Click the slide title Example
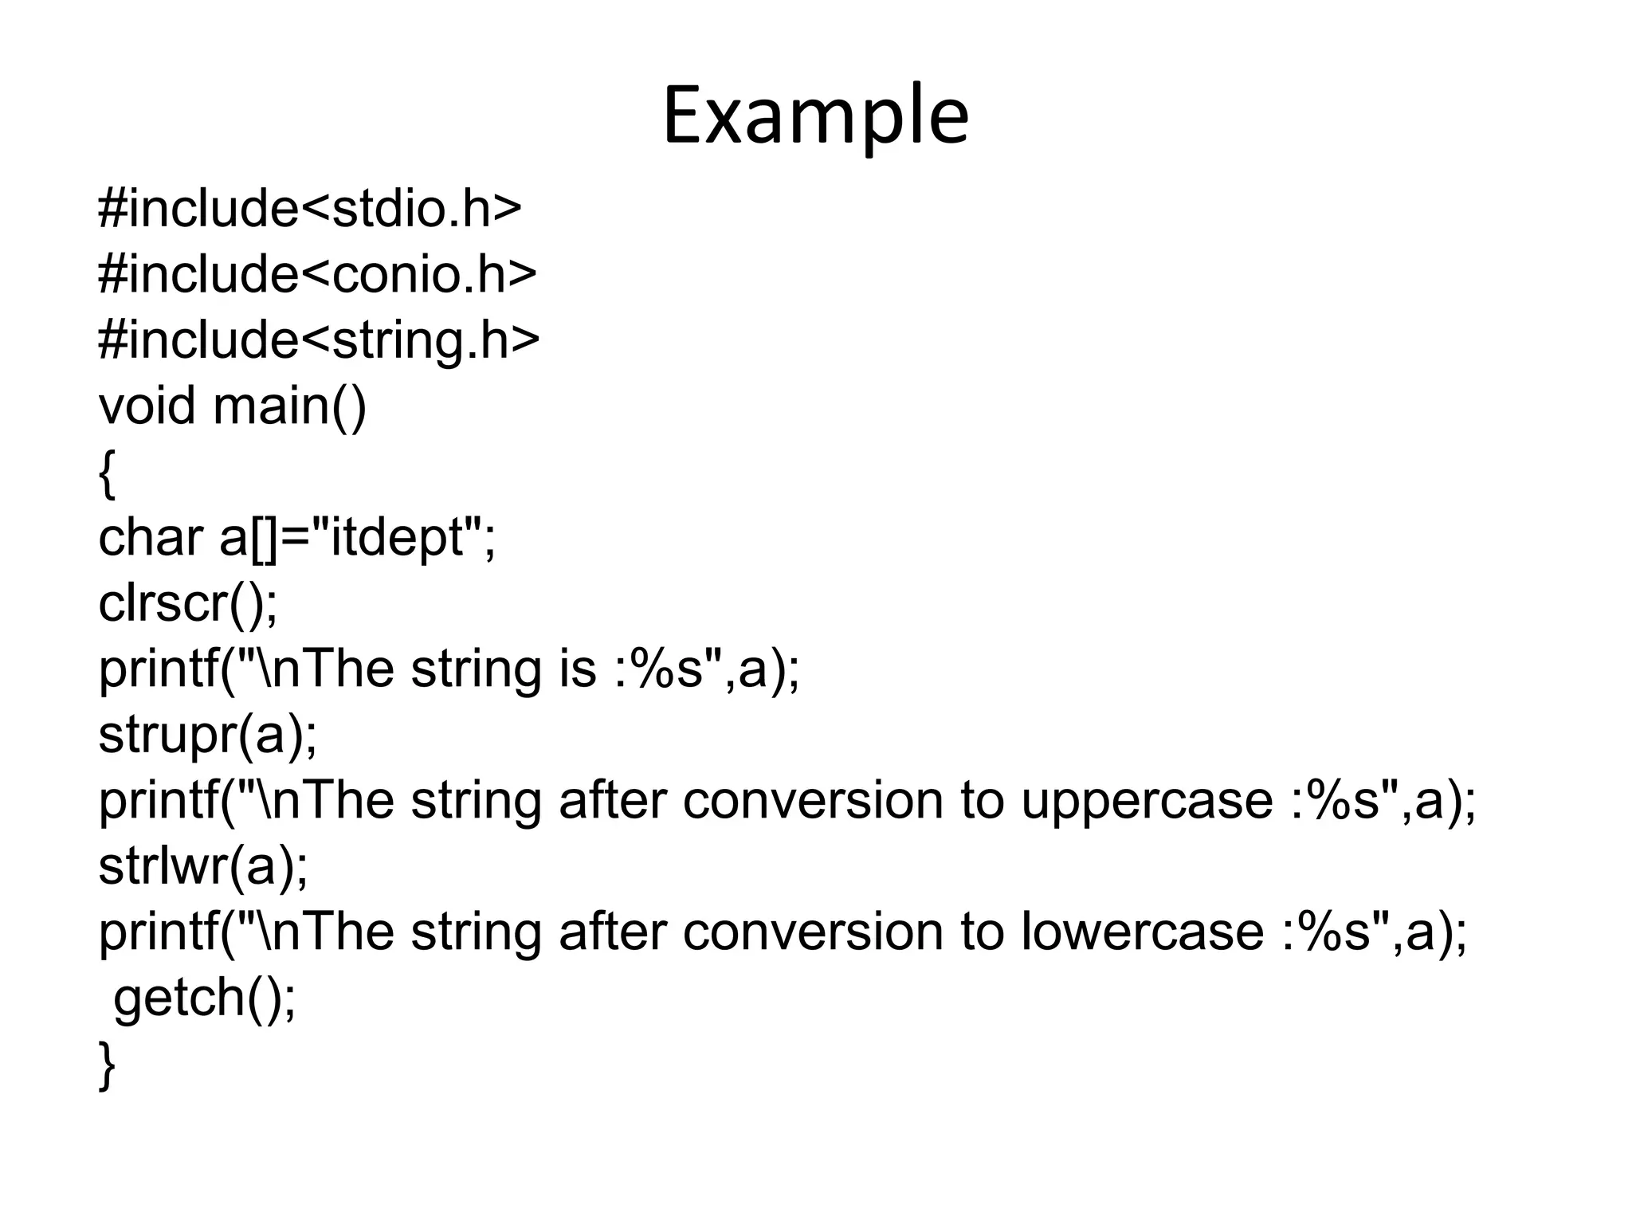pos(815,116)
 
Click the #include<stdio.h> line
pos(309,209)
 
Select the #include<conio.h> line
pos(317,275)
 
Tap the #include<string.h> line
pos(319,340)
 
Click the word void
pos(147,406)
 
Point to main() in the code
pos(290,406)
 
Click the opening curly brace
pos(108,473)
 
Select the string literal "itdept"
pos(396,537)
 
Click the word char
pos(151,537)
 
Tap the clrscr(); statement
pos(188,603)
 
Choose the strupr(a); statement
pos(207,734)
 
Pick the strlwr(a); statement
pos(203,866)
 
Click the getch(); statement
pos(205,998)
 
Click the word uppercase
pos(1147,802)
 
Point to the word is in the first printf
pos(578,669)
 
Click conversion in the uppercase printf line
pos(813,800)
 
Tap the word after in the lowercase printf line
pos(612,932)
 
